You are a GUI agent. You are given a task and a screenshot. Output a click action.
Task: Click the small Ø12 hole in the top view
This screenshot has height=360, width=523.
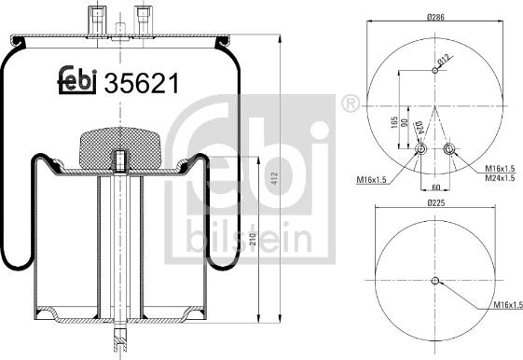(436, 70)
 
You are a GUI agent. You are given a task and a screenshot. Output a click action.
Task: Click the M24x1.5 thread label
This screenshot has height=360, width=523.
(501, 178)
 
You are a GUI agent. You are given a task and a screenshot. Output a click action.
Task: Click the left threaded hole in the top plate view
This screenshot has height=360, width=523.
(421, 150)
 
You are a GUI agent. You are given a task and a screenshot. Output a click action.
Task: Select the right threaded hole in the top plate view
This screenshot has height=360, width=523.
(450, 150)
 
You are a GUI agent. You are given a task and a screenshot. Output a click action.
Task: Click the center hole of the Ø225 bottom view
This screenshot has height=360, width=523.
(436, 281)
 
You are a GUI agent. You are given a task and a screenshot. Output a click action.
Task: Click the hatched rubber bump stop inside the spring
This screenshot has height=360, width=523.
(122, 146)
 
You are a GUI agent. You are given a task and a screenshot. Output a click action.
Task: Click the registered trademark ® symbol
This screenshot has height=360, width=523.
(351, 104)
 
